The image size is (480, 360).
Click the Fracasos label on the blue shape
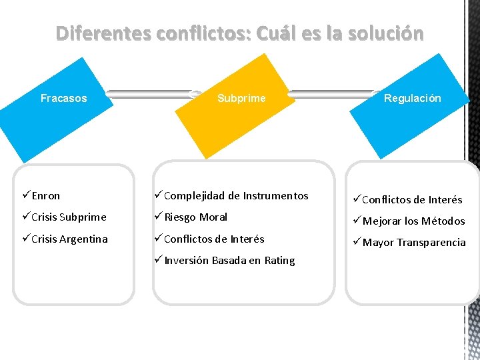pyautogui.click(x=63, y=99)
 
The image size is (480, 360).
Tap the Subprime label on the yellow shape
pyautogui.click(x=241, y=99)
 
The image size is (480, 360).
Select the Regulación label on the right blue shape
pyautogui.click(x=412, y=98)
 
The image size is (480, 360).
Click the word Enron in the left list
pyautogui.click(x=45, y=196)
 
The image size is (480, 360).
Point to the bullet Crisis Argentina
pyautogui.click(x=69, y=239)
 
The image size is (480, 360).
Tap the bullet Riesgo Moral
pyautogui.click(x=195, y=217)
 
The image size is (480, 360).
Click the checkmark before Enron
pyautogui.click(x=25, y=195)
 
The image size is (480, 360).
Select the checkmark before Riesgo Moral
pyautogui.click(x=158, y=217)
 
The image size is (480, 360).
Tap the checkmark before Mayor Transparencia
pyautogui.click(x=356, y=242)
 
